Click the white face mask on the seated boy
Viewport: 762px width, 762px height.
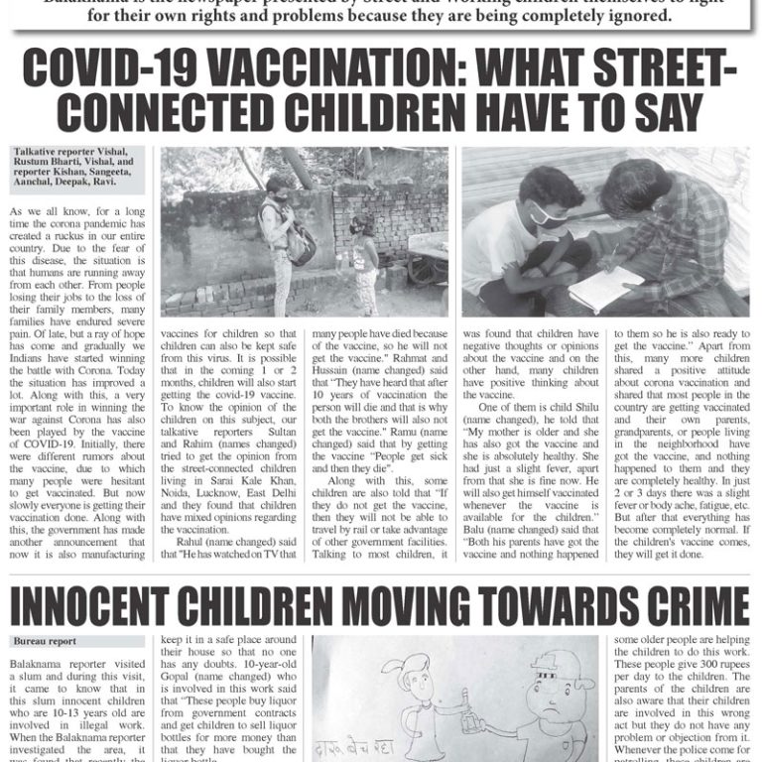click(543, 216)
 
